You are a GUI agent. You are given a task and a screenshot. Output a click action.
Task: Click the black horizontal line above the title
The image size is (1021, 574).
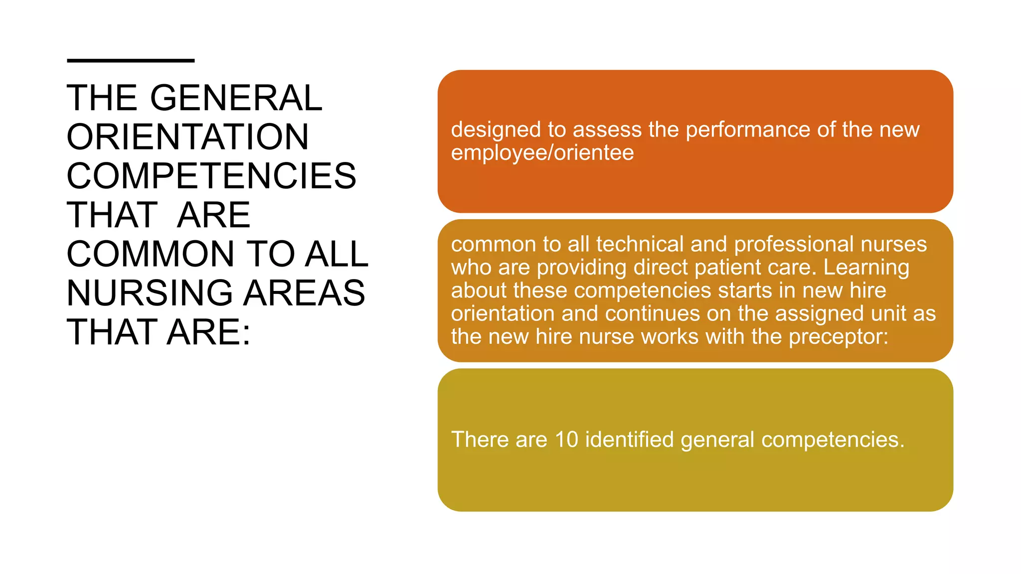[131, 61]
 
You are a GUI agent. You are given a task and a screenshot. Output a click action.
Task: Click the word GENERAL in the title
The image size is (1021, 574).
[236, 98]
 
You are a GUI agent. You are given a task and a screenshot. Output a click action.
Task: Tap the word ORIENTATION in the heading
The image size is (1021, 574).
[188, 137]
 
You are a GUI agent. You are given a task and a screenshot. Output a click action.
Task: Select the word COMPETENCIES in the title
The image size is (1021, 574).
[211, 176]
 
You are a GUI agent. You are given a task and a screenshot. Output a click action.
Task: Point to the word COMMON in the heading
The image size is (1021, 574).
[150, 254]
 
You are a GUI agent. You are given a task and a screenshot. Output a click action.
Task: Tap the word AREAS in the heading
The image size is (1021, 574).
[305, 293]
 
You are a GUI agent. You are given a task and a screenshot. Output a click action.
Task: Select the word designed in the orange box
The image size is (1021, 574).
[496, 130]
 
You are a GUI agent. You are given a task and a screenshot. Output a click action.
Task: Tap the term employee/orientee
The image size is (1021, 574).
[542, 153]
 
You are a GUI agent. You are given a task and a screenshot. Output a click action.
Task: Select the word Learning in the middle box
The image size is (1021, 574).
[866, 268]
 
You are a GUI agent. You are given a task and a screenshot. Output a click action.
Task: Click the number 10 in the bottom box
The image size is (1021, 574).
[566, 440]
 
